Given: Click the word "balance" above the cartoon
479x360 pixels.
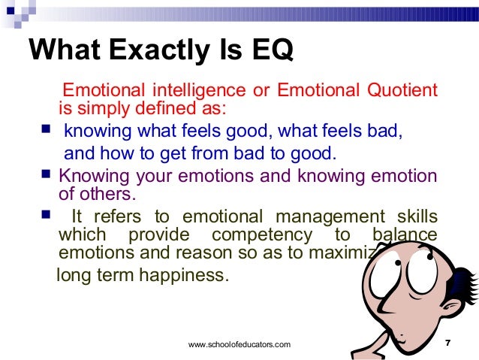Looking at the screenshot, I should point(405,234).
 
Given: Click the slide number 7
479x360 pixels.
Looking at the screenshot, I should point(447,343).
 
